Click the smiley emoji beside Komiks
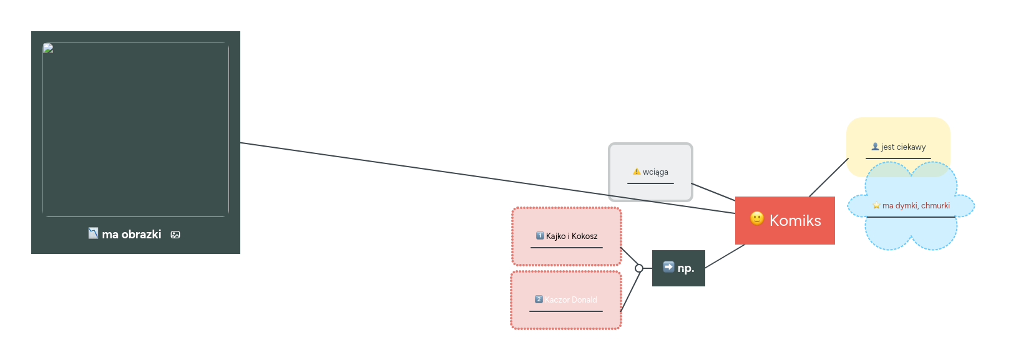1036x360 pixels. click(756, 218)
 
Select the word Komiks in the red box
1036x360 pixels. click(795, 220)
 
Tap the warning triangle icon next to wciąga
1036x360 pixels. click(637, 172)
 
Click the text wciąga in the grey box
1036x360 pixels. click(655, 172)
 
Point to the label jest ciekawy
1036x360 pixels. click(903, 147)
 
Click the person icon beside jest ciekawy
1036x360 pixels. click(876, 147)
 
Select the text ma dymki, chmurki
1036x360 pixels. click(916, 206)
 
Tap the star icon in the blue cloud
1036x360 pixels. click(876, 205)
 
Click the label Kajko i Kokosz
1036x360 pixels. click(572, 236)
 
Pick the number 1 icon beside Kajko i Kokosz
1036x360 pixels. click(540, 236)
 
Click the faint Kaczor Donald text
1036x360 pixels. click(570, 300)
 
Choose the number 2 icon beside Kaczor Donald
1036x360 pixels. click(539, 299)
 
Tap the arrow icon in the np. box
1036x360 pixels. click(668, 267)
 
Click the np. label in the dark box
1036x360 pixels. click(686, 268)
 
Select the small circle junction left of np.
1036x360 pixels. click(639, 268)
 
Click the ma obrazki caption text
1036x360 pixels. click(132, 235)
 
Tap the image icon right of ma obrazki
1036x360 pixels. click(175, 235)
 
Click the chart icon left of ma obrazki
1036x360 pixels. click(93, 233)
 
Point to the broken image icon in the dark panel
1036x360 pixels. click(48, 48)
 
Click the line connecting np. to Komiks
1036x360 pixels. click(725, 256)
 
